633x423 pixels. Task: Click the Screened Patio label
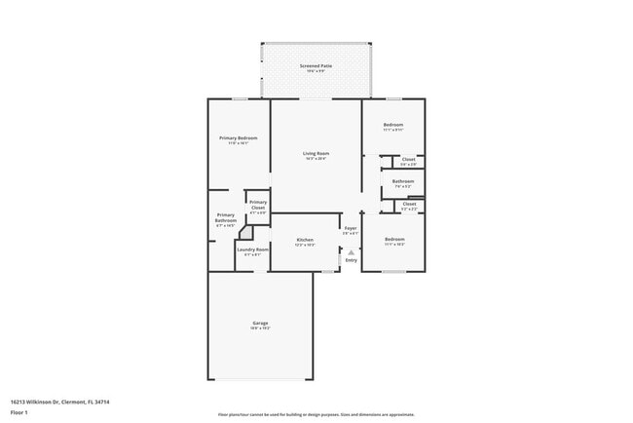click(316, 66)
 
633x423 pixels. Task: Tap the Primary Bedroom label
click(239, 138)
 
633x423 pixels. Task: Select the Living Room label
click(316, 153)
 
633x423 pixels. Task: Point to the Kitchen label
click(305, 240)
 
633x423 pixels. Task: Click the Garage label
click(260, 323)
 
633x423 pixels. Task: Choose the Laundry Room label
click(253, 250)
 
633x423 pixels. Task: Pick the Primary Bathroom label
click(226, 217)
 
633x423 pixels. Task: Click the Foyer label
click(351, 228)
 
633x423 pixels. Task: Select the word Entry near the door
click(352, 260)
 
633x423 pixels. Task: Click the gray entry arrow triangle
click(352, 251)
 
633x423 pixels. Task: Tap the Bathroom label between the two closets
click(403, 180)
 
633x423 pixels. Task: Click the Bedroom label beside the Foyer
click(393, 239)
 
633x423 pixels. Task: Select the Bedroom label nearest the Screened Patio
click(393, 125)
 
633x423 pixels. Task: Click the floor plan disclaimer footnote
click(316, 414)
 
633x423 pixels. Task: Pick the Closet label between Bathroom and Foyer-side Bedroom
click(409, 204)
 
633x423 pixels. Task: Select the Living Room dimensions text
click(316, 158)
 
